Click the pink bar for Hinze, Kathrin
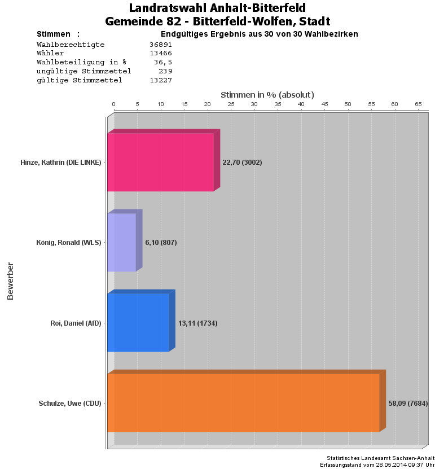161,162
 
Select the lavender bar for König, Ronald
122,242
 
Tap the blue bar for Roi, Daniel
138,322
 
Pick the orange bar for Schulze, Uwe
243,402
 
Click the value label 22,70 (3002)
242,163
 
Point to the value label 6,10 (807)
161,243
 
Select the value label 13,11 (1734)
197,323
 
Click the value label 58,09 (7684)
408,404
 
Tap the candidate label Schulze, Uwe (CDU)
70,404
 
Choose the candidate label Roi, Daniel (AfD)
76,323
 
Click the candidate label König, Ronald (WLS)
68,243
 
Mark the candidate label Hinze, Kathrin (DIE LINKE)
60,163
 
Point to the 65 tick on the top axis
418,104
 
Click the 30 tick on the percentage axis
254,104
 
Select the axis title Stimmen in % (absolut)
267,95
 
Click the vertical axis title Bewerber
10,280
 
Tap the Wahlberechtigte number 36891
161,44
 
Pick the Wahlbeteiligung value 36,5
163,62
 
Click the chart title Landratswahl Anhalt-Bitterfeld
217,8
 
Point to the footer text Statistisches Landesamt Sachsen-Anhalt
380,458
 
